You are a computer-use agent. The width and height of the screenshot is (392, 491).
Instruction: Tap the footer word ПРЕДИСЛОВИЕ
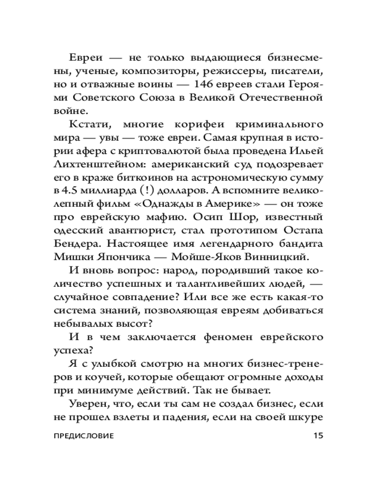[83, 435]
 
